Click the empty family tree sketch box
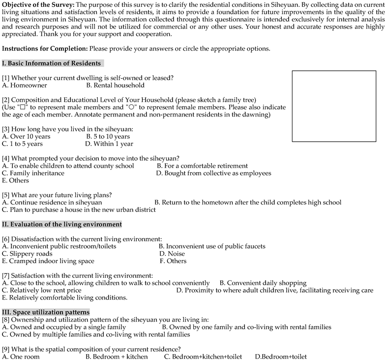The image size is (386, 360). point(334,106)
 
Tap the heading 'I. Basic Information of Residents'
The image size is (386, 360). point(52,63)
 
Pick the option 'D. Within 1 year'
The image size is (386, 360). point(109,144)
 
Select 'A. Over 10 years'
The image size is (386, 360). point(26,136)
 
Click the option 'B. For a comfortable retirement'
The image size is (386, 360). point(202,166)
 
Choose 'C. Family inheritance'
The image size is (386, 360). point(33,173)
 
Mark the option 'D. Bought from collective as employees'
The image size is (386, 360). point(213,173)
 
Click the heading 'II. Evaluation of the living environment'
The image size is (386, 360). point(62,224)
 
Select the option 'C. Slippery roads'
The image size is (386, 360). point(27,254)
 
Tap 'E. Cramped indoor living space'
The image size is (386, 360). point(48,261)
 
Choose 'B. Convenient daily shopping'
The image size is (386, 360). point(263,283)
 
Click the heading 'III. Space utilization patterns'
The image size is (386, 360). point(46,312)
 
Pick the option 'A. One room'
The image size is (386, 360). point(21,356)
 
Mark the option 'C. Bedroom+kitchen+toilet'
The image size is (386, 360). point(203,356)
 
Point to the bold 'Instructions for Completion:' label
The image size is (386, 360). point(44,49)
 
